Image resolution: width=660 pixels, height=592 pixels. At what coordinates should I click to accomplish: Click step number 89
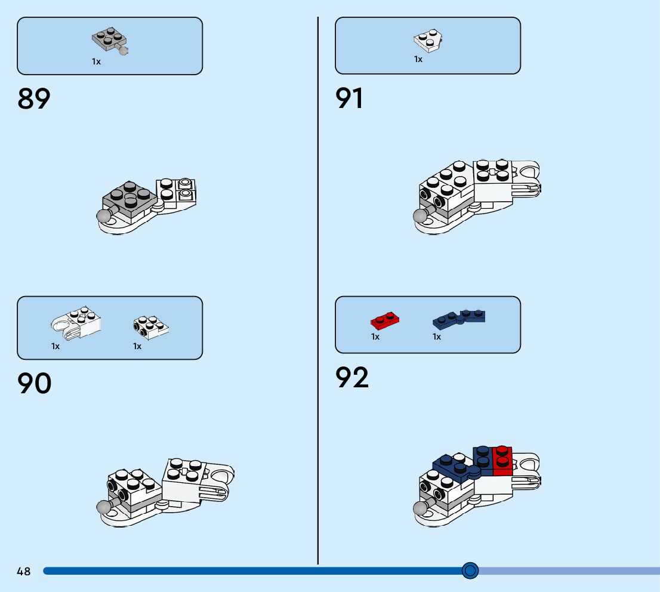(x=34, y=99)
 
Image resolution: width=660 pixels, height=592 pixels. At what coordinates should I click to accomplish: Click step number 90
(x=35, y=384)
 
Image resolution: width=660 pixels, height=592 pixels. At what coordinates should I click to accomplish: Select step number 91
(x=350, y=98)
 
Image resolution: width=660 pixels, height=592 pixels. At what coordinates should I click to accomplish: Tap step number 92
(x=352, y=378)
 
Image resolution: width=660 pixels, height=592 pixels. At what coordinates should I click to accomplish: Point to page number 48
(x=23, y=572)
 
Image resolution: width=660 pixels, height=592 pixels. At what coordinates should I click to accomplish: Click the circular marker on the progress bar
(x=470, y=571)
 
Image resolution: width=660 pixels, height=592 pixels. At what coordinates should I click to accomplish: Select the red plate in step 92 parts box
(x=385, y=320)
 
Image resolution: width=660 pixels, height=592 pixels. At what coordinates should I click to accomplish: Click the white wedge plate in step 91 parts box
(x=428, y=40)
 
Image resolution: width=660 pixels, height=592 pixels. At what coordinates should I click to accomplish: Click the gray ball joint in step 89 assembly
(x=105, y=216)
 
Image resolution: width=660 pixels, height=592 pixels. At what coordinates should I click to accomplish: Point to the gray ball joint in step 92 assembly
(x=422, y=508)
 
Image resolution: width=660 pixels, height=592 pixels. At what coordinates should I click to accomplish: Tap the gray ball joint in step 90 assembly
(x=104, y=507)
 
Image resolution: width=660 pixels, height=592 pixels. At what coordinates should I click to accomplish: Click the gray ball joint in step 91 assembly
(x=422, y=216)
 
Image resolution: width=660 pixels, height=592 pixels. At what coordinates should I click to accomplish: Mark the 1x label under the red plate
(x=375, y=337)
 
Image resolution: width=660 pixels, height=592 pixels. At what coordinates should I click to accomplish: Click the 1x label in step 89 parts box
(x=96, y=61)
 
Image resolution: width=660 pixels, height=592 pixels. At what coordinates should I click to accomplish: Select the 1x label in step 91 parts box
(x=418, y=60)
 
